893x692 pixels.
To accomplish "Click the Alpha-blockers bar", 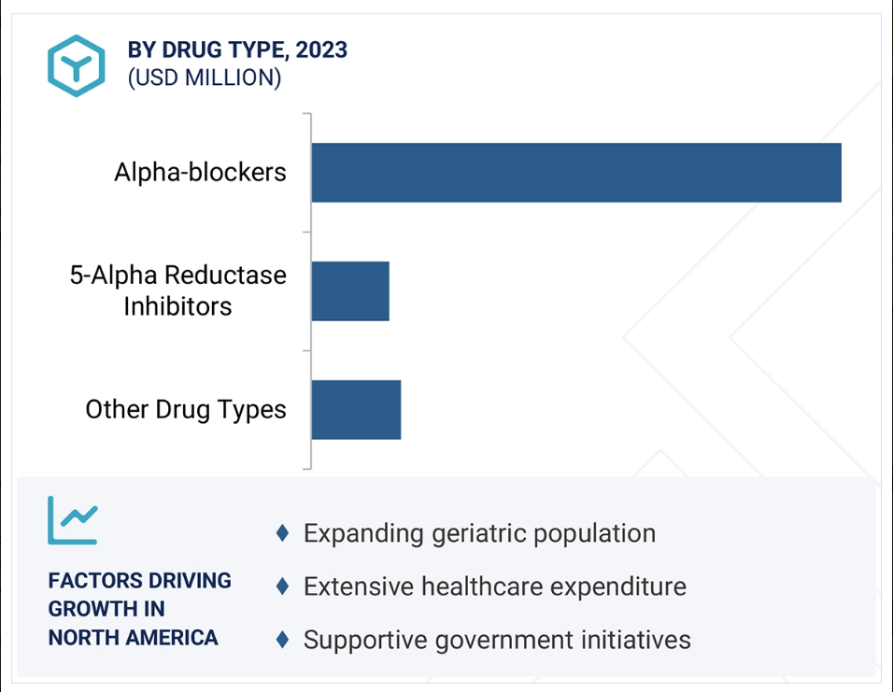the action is [576, 173].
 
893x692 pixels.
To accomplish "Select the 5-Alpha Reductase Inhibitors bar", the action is [350, 291].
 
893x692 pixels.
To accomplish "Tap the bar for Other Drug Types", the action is [356, 410].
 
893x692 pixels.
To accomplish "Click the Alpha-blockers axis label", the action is [200, 172].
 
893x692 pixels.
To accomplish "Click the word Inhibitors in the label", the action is [177, 306].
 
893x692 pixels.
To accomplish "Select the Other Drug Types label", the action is [186, 410].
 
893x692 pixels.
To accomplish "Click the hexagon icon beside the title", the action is [77, 65].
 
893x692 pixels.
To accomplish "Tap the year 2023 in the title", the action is [321, 49].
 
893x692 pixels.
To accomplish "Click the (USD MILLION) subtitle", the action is [205, 78].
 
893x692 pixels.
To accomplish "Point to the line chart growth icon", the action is [73, 520].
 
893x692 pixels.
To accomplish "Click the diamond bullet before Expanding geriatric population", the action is [282, 533].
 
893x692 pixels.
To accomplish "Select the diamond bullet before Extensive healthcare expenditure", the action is [282, 586].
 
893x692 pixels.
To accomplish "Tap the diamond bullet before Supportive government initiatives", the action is [282, 640].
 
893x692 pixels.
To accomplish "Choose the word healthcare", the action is [482, 586].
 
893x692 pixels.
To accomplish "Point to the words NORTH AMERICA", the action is [133, 638].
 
